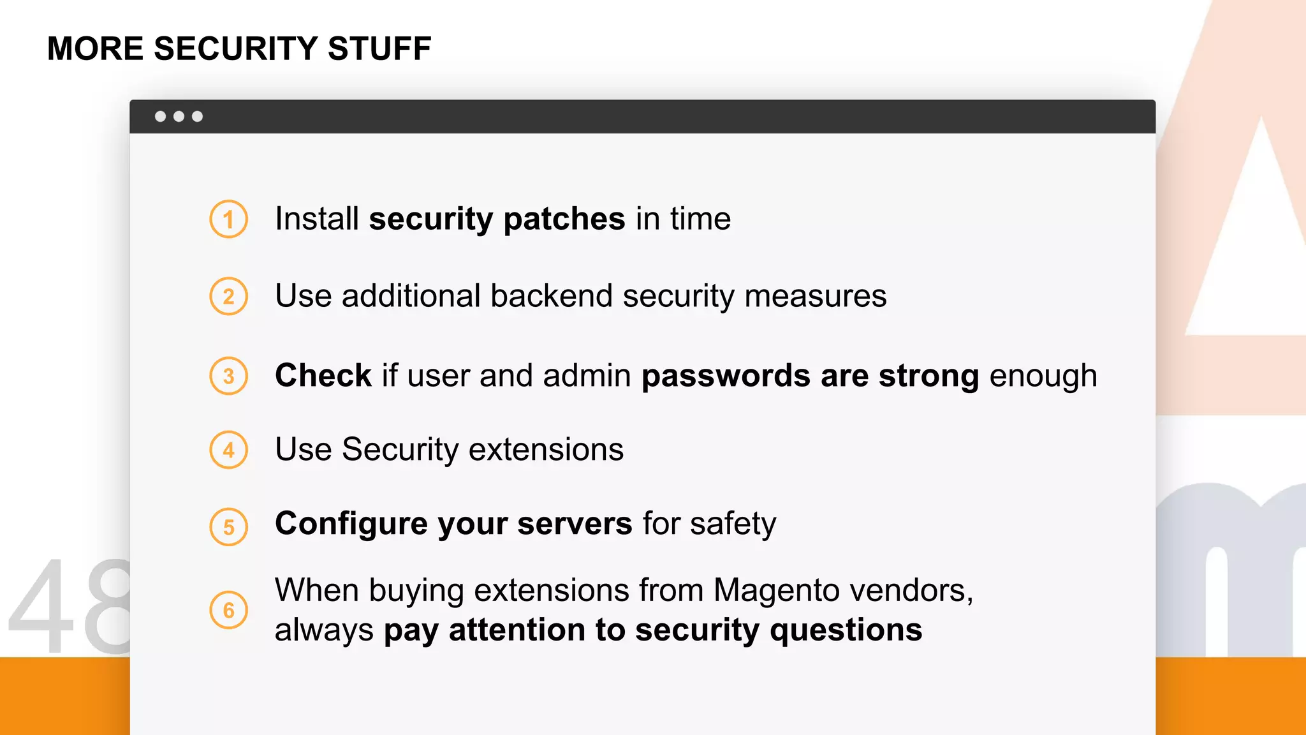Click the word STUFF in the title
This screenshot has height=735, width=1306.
379,49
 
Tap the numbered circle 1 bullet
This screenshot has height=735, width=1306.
228,219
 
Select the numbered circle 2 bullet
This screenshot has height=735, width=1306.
228,297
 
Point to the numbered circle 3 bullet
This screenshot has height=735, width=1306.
228,376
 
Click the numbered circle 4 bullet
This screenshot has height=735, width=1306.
228,450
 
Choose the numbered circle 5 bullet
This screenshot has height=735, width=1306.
228,527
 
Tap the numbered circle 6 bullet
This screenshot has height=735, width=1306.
228,611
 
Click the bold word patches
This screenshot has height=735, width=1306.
564,219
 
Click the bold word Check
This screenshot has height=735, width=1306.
323,375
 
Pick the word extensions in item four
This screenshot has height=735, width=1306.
546,449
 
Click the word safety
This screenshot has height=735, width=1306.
733,524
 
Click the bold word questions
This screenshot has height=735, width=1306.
846,631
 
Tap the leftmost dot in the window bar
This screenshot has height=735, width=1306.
161,116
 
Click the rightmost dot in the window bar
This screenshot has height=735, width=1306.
198,116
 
